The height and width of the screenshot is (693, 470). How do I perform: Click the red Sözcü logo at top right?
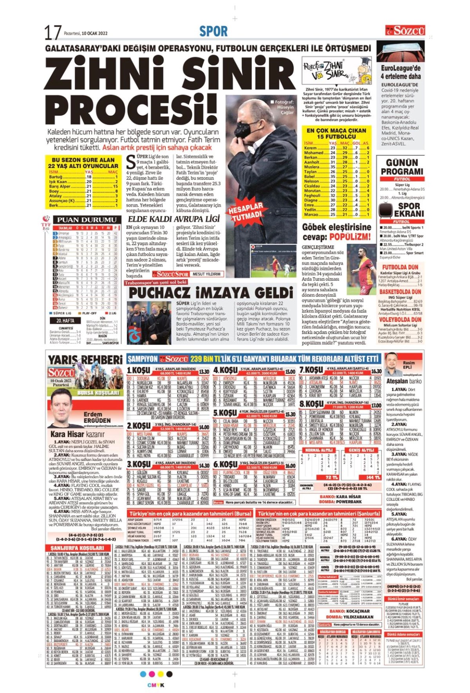pyautogui.click(x=405, y=31)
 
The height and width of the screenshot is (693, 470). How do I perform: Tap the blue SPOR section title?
pyautogui.click(x=213, y=31)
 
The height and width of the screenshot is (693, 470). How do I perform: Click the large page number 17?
pyautogui.click(x=52, y=32)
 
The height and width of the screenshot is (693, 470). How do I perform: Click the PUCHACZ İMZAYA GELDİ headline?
pyautogui.click(x=211, y=293)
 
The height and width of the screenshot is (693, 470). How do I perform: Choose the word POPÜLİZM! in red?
pyautogui.click(x=350, y=237)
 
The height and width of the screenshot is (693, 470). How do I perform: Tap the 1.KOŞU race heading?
pyautogui.click(x=138, y=370)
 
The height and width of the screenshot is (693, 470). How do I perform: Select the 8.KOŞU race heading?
pyautogui.click(x=311, y=404)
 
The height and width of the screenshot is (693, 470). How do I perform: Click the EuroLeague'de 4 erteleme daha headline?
pyautogui.click(x=401, y=72)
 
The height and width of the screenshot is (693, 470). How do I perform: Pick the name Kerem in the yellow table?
pyautogui.click(x=310, y=148)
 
